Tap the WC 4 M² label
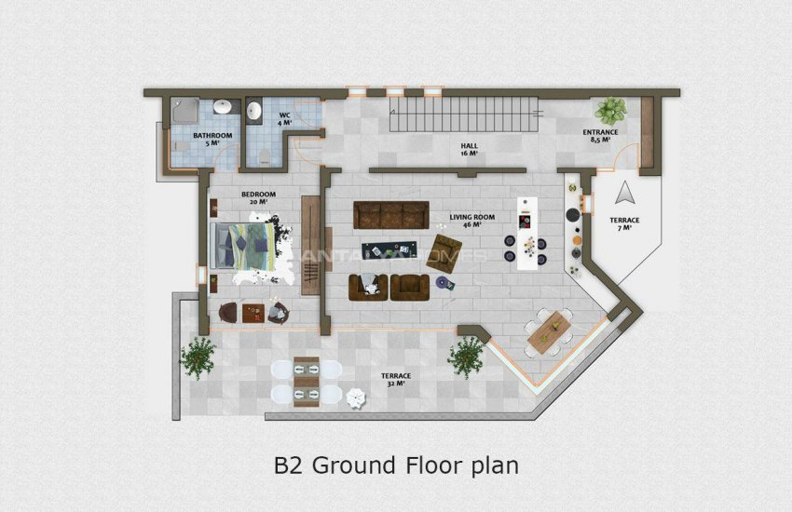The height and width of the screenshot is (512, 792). point(285,119)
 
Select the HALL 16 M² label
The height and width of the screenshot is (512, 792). point(469,150)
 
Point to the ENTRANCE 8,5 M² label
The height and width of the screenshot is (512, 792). point(600,136)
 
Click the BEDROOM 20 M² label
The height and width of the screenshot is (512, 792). point(254,198)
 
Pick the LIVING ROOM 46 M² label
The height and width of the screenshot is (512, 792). point(471,221)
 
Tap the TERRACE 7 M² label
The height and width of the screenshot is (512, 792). point(625,222)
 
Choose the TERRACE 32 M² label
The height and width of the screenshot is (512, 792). point(395,379)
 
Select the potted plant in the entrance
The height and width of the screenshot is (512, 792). point(611,111)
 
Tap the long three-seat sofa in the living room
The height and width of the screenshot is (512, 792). point(389,216)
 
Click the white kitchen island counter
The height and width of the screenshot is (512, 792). point(528,233)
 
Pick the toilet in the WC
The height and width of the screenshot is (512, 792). point(266,154)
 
